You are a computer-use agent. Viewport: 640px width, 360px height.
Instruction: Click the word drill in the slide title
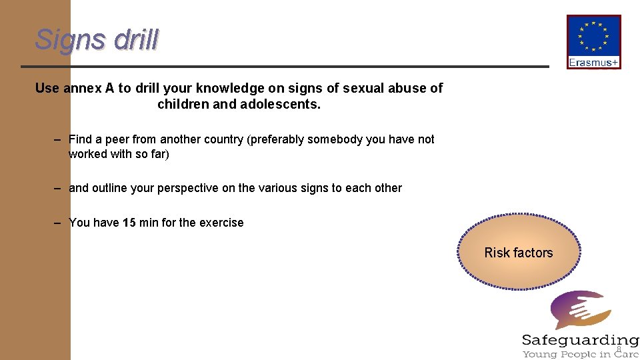(136, 40)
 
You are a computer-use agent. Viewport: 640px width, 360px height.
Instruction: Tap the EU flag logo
(593, 37)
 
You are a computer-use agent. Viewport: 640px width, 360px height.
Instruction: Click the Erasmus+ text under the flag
(593, 63)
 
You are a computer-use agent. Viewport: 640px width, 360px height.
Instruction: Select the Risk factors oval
(519, 253)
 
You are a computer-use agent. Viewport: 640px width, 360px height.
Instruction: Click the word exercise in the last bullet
(221, 223)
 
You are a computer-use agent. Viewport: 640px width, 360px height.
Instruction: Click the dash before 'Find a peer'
(59, 139)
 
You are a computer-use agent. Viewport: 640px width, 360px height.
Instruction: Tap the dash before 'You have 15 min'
(59, 223)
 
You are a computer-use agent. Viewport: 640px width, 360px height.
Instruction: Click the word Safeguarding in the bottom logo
(580, 340)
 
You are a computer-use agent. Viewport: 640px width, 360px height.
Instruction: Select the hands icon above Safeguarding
(579, 310)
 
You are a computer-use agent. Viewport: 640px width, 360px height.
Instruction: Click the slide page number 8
(619, 349)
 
